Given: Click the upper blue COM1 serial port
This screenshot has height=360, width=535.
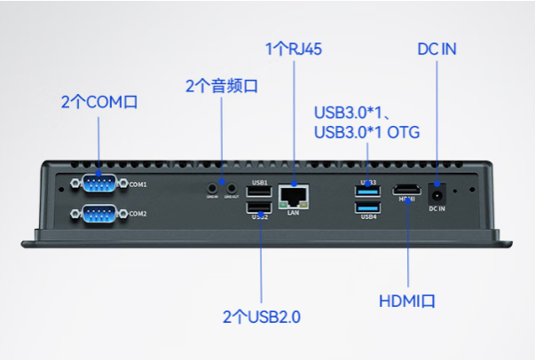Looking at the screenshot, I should coord(98,184).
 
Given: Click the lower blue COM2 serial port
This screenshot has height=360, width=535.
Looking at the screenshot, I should coord(98,214).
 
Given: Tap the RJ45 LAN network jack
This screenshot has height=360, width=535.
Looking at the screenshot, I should coord(294,194).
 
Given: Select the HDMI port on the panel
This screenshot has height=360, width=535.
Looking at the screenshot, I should coord(407,190).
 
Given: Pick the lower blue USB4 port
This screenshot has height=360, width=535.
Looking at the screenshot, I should coord(367,207).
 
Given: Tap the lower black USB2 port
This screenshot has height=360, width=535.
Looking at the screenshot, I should coord(259,207).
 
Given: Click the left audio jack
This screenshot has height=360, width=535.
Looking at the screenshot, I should coord(212,187).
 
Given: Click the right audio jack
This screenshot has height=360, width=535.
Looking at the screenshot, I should coord(232,187).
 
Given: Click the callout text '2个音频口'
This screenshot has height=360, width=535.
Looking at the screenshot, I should coord(221,86).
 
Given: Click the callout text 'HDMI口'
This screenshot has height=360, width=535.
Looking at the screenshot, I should coord(407,301).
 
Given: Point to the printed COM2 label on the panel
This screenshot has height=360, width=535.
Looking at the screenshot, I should coord(138,215).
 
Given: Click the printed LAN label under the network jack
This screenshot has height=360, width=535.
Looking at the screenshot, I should coord(294,213).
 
